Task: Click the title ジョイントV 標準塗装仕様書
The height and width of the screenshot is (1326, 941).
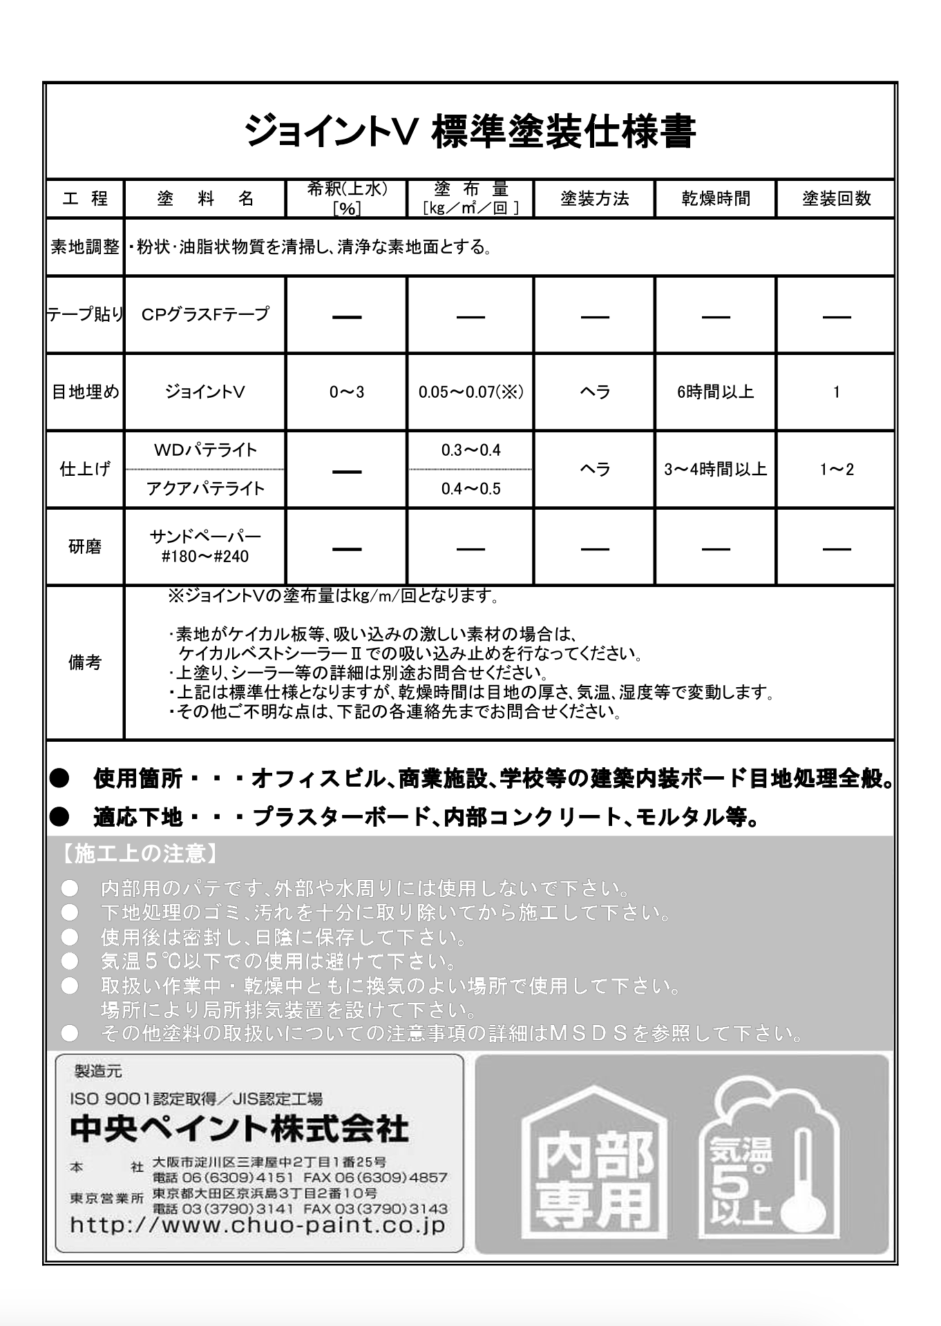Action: tap(470, 131)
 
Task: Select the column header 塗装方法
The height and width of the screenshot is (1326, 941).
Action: tap(594, 199)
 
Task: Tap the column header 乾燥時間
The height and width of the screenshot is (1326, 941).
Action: tap(715, 199)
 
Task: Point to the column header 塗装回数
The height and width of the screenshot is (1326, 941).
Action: tap(836, 199)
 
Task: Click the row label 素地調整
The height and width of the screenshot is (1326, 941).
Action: tap(85, 247)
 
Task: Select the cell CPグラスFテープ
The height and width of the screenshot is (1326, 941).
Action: tap(205, 314)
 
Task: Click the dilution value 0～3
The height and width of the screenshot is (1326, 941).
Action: tap(346, 392)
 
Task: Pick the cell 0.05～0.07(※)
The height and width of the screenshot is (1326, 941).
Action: tap(470, 392)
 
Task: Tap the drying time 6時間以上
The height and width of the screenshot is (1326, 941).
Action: tap(715, 392)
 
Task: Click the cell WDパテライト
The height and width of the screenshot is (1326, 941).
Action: tap(205, 450)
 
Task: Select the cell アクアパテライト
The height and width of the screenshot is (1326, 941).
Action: tap(205, 489)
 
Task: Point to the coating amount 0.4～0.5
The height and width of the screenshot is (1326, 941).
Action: tap(470, 489)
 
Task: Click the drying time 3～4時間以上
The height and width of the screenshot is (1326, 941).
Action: tap(715, 470)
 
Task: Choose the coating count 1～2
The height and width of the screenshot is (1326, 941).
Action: tap(836, 470)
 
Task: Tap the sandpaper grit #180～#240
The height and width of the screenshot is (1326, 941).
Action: tap(205, 556)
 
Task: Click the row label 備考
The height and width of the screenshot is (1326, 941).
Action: tap(85, 663)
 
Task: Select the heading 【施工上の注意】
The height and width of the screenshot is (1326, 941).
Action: tap(138, 854)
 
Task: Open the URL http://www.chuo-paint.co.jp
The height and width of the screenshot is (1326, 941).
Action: tap(258, 1225)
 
